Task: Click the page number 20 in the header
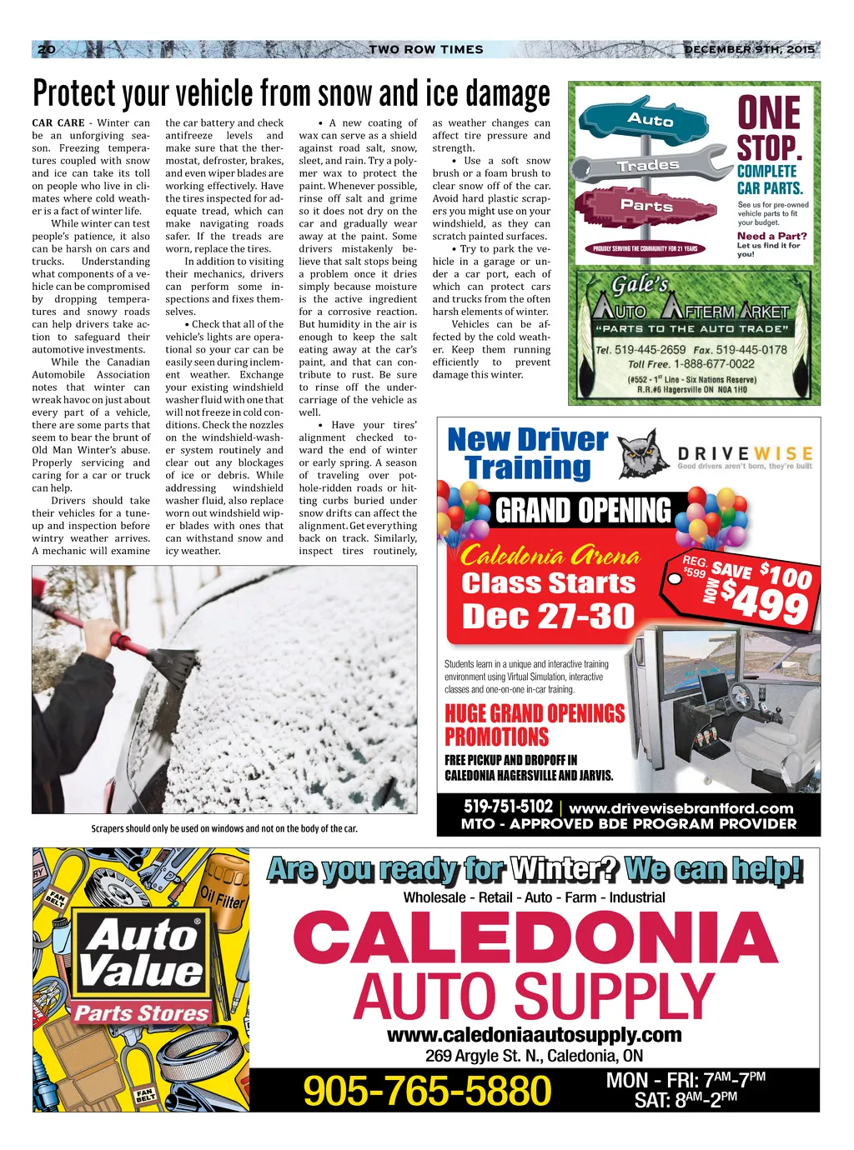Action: click(x=47, y=49)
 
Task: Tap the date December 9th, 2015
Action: click(x=748, y=49)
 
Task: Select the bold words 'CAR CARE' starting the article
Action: click(x=58, y=122)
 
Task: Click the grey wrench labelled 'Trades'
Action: click(x=648, y=165)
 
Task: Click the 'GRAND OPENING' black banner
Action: click(x=582, y=510)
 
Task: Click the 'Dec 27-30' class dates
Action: click(x=548, y=616)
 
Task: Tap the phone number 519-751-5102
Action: click(x=508, y=807)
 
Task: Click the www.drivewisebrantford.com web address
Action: click(x=681, y=808)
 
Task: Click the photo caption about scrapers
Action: click(x=224, y=828)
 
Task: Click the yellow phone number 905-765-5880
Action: click(x=427, y=1091)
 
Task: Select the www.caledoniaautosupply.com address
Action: click(x=534, y=1035)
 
